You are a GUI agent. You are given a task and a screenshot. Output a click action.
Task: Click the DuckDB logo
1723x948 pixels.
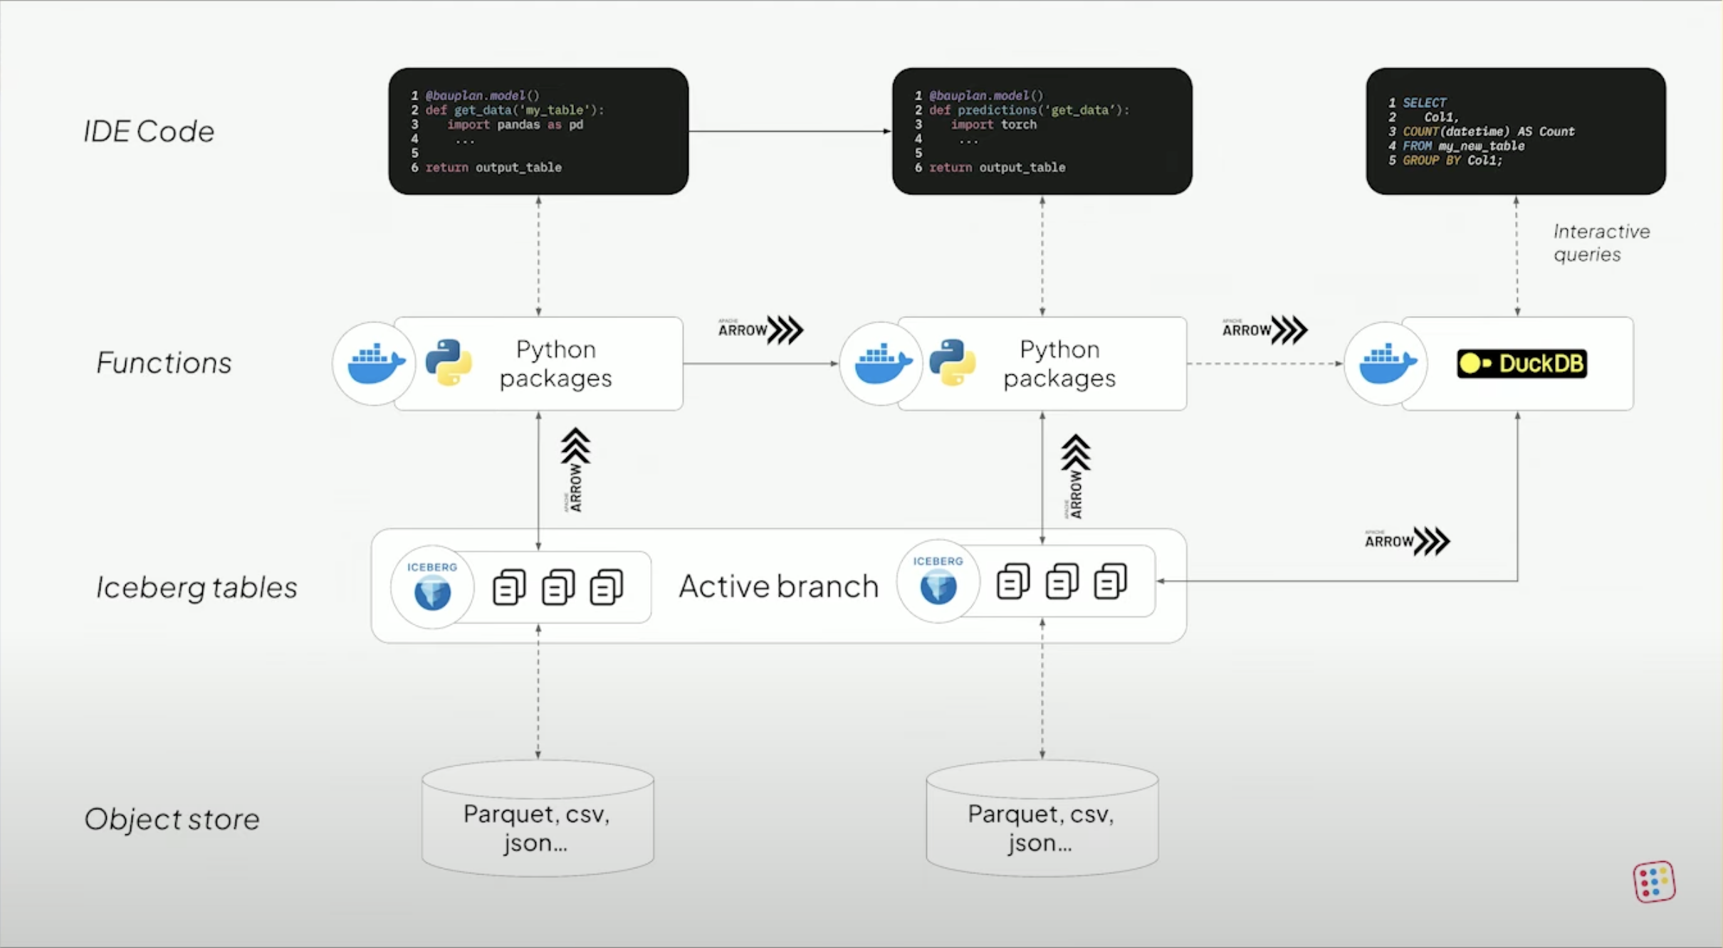pos(1522,364)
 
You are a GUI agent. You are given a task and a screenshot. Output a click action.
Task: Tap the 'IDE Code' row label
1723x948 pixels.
pos(149,132)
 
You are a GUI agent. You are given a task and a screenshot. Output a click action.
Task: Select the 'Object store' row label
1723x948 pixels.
pos(172,819)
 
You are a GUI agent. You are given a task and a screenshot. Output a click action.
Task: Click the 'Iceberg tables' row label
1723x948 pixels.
pos(197,588)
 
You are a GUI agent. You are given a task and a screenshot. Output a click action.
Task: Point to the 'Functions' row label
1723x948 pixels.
pos(164,363)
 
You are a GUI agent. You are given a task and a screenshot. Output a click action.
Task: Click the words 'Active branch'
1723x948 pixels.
pos(778,586)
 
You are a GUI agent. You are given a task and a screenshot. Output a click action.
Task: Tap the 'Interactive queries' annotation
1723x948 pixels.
pos(1601,243)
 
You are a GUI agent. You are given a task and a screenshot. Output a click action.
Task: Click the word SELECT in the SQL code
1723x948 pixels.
pos(1424,102)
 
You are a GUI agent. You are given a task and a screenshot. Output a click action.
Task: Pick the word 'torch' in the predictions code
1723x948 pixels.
pos(1018,125)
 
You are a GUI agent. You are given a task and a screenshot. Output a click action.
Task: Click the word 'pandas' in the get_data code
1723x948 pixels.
pos(518,125)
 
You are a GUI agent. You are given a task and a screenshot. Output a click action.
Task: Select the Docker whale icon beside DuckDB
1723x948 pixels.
pos(1386,364)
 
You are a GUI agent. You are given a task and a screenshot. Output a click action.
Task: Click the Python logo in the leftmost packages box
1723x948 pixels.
pos(449,363)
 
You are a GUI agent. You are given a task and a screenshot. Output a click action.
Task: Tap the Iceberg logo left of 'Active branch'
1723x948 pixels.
pos(432,588)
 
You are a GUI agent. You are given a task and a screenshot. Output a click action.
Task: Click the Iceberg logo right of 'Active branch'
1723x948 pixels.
pos(938,582)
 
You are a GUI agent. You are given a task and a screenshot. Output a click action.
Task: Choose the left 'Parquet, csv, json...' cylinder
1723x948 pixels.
pos(538,818)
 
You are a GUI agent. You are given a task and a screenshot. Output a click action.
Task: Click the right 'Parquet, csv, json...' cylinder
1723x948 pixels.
pos(1042,818)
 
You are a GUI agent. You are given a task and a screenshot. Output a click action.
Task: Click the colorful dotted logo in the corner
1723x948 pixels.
pos(1654,882)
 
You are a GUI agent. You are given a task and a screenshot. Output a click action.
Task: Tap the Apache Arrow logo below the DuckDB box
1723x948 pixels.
pos(1407,542)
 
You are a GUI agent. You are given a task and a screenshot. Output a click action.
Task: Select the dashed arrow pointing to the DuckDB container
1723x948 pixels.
pos(1264,364)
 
